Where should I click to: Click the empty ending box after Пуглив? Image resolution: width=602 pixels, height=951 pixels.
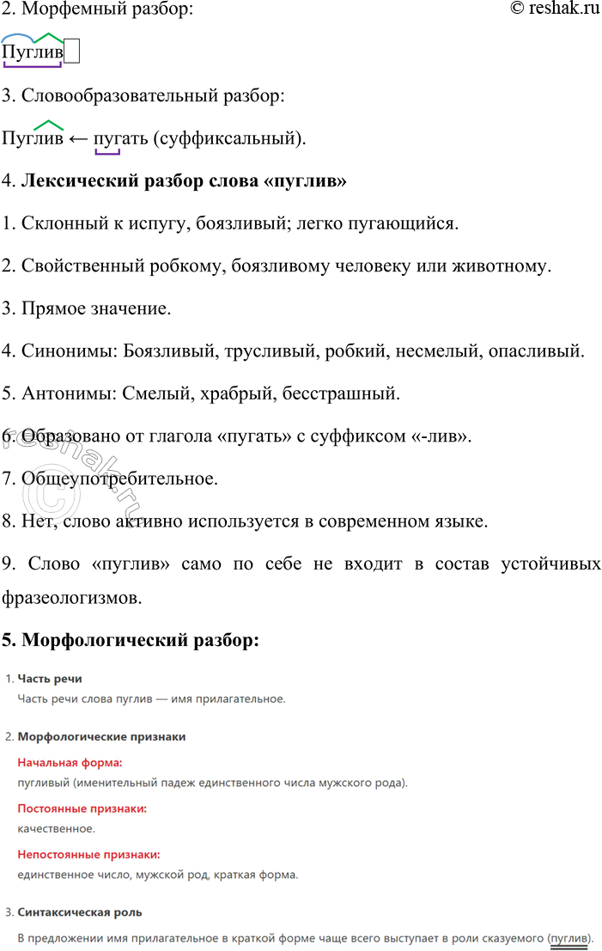pos(72,52)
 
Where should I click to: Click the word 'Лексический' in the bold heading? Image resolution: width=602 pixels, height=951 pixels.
pos(76,182)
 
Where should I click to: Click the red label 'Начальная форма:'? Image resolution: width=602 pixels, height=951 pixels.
pos(70,762)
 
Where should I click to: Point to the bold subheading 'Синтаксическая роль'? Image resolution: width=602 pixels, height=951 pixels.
pos(80,911)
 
